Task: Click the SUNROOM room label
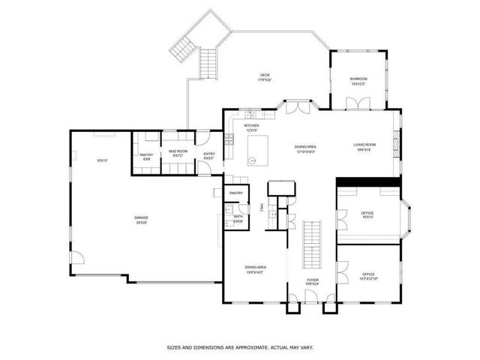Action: [x=358, y=79]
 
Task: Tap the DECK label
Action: [x=265, y=75]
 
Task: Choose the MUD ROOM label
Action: [x=178, y=151]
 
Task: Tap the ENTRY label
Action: [x=209, y=154]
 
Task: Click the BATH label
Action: [x=238, y=216]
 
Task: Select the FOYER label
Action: [x=312, y=280]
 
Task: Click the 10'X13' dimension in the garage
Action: [x=102, y=160]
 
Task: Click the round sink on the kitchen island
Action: [x=253, y=160]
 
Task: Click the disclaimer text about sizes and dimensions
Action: [x=239, y=347]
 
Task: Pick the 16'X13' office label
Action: [x=367, y=214]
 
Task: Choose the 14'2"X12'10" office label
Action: [x=368, y=276]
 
